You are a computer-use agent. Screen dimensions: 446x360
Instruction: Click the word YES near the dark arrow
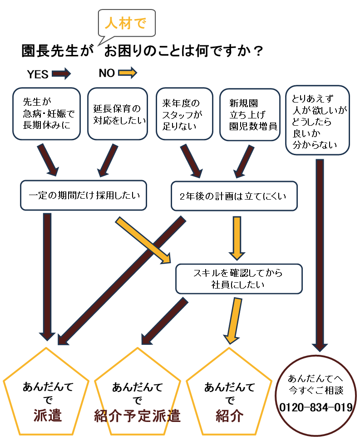(x=38, y=74)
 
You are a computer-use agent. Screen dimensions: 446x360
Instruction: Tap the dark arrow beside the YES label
(x=61, y=73)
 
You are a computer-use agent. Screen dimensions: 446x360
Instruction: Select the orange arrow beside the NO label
(x=127, y=73)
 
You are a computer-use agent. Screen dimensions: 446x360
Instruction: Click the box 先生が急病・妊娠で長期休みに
(x=46, y=114)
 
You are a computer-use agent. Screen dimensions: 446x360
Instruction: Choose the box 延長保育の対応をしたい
(x=117, y=114)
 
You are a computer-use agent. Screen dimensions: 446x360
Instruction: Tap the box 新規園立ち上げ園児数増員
(x=248, y=114)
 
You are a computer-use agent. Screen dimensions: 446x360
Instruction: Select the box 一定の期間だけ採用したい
(x=84, y=196)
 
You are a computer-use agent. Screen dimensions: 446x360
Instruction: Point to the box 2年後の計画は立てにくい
(x=234, y=196)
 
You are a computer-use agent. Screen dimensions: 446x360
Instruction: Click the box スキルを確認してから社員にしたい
(x=238, y=279)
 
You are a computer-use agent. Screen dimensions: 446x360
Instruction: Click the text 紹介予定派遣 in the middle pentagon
(x=138, y=416)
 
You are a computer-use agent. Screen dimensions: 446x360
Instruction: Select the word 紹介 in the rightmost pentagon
(x=230, y=416)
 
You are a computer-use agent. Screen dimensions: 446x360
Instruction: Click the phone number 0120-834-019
(x=316, y=407)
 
